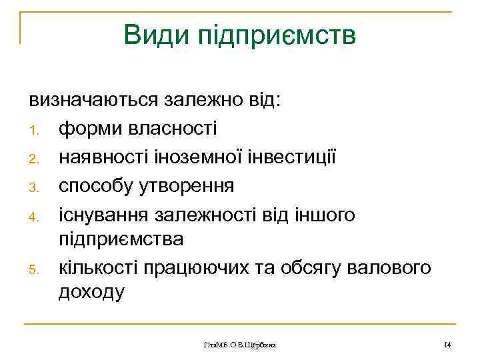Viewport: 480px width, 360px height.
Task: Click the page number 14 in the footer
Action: tap(447, 344)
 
